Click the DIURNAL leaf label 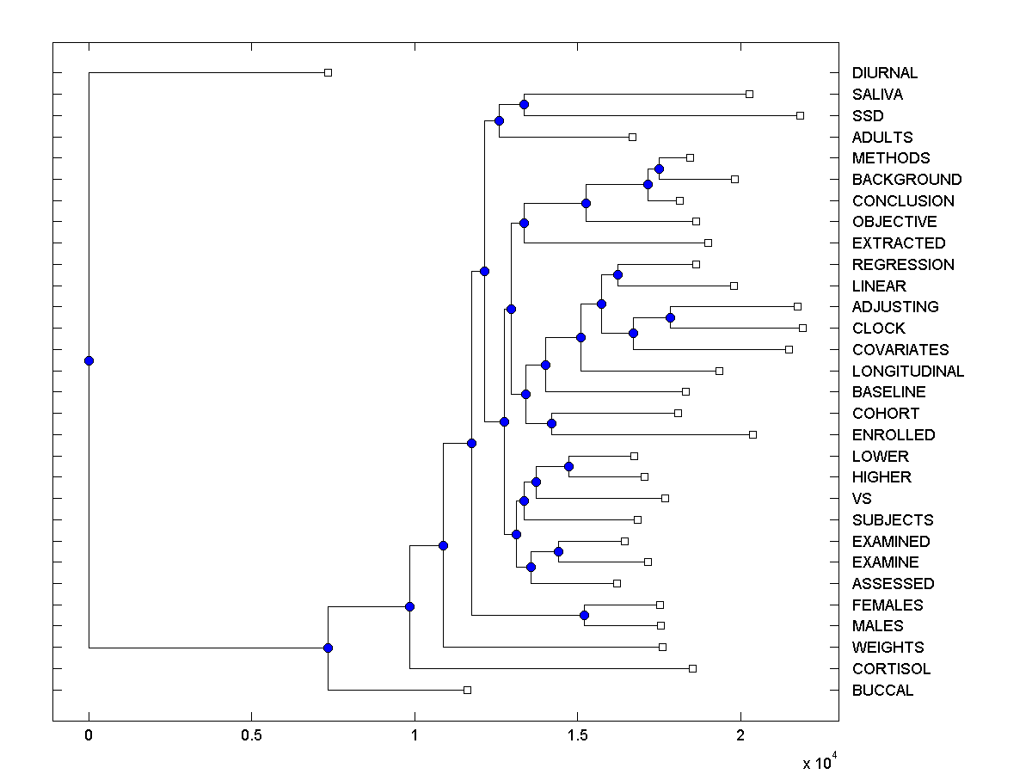885,73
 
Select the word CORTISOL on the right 891,669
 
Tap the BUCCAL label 882,691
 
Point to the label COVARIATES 900,350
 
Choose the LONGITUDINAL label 908,372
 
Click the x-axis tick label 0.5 251,736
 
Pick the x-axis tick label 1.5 577,736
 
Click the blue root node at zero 89,360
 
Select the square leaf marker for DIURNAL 328,73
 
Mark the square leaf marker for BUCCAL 467,690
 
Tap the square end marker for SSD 800,115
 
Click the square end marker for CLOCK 802,328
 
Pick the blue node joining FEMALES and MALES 584,615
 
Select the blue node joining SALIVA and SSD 524,104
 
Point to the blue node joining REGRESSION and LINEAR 617,274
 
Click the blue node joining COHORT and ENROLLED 551,423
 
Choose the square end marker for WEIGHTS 662,647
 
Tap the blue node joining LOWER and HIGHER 568,466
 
